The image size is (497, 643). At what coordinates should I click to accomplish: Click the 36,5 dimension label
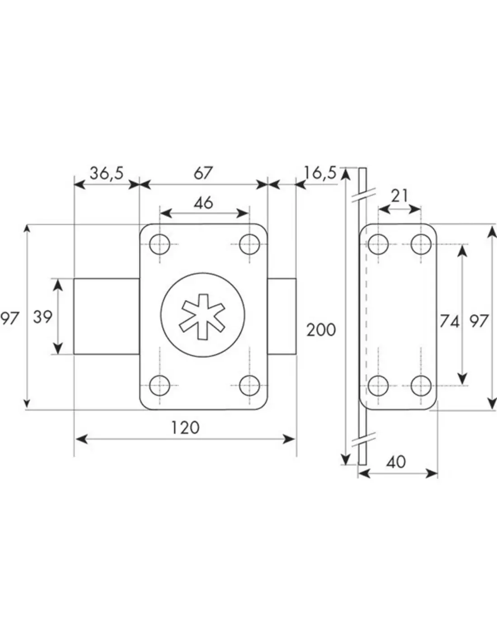point(106,173)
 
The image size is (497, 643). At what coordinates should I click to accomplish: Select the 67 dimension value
point(203,173)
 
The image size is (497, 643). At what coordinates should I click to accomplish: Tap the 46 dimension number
point(203,203)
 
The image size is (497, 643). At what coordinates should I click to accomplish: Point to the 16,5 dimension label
point(320,173)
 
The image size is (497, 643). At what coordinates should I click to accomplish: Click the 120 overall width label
point(185,427)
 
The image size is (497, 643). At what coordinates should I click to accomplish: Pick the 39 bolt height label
point(43,317)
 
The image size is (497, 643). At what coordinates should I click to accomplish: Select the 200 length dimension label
point(321,330)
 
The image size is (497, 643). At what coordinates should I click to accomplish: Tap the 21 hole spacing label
point(399,196)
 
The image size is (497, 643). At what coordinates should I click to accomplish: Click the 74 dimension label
point(449,321)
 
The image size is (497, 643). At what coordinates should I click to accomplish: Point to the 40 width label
point(396,462)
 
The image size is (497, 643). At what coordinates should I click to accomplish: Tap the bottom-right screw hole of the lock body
point(249,386)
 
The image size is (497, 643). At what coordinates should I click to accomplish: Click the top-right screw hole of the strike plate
point(421,244)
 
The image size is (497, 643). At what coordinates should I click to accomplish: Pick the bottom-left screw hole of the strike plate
point(378,386)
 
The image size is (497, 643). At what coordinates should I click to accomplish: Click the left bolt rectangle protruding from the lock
point(106,316)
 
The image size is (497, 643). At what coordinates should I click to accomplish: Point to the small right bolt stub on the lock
point(282,316)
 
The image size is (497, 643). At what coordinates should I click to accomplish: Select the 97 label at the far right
point(479,321)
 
